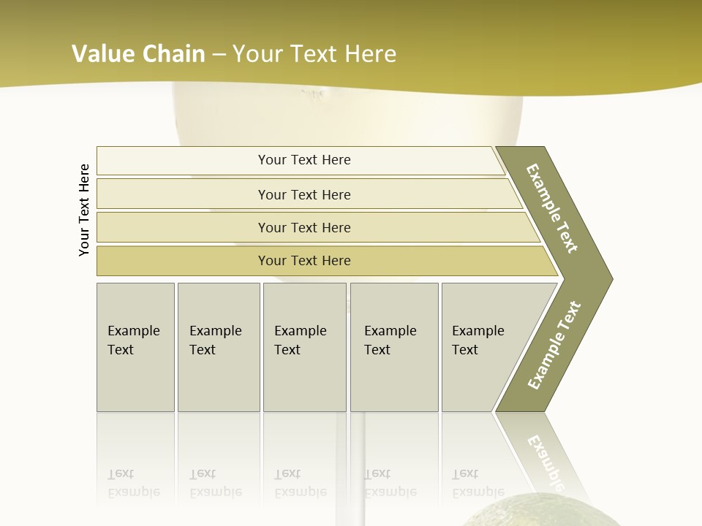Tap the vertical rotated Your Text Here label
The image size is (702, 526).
(x=84, y=210)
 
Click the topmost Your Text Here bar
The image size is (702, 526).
(x=303, y=160)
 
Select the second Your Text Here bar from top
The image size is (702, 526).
(x=303, y=194)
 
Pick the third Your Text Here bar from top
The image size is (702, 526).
(x=303, y=227)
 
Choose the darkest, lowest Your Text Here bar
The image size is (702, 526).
(x=303, y=261)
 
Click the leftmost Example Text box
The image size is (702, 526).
(x=135, y=347)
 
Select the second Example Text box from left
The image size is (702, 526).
(x=218, y=347)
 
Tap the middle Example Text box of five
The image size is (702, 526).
(x=303, y=347)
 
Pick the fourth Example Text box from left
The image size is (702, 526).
(x=393, y=347)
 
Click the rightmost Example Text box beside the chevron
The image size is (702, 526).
(x=483, y=347)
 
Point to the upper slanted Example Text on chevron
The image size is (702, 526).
(x=553, y=208)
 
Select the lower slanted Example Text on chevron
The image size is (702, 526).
(x=554, y=346)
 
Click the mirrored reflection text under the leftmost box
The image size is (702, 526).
(x=133, y=483)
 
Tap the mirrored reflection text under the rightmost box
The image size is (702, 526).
(x=478, y=483)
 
